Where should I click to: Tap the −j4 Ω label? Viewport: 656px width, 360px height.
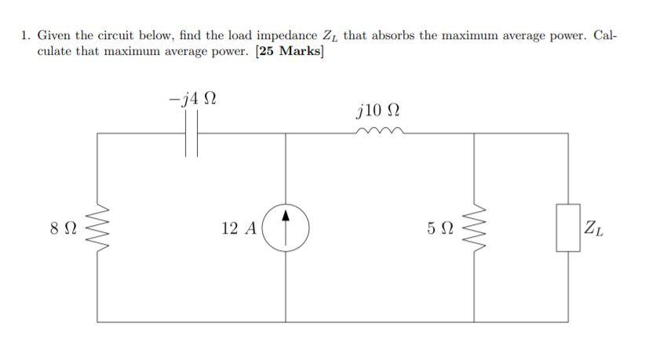(x=192, y=100)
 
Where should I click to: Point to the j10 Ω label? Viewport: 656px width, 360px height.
(x=379, y=107)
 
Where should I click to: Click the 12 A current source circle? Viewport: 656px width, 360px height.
(x=286, y=227)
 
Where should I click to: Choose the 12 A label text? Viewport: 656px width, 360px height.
(x=239, y=228)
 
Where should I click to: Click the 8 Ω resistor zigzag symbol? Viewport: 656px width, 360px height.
(x=97, y=228)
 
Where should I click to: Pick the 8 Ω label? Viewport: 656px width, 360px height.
(x=62, y=229)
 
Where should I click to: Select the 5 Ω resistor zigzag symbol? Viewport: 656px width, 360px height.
(x=474, y=228)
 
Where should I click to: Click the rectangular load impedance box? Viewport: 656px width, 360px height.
(x=568, y=228)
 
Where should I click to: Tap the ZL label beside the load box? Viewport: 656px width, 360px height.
(x=593, y=229)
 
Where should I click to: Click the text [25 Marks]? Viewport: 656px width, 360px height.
(x=289, y=52)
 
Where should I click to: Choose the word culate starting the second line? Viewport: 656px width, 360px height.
(x=55, y=52)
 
